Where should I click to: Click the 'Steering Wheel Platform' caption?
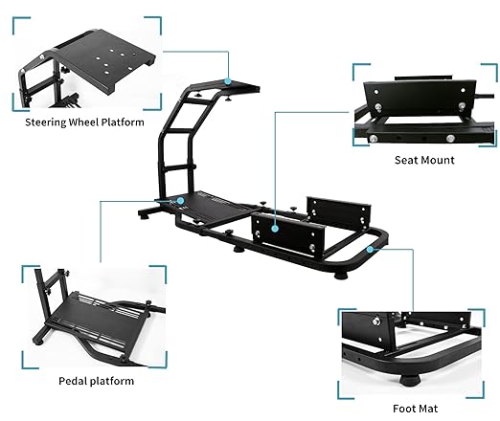(84, 122)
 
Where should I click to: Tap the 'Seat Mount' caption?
(424, 160)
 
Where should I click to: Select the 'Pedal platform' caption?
(96, 381)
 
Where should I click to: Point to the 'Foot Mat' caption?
(415, 409)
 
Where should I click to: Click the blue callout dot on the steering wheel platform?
(227, 81)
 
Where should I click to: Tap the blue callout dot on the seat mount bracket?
(275, 229)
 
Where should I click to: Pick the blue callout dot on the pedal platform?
(180, 201)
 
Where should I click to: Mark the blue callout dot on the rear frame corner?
(370, 249)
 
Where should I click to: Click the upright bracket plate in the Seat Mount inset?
(420, 98)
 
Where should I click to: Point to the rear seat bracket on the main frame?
(337, 212)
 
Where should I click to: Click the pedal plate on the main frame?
(208, 208)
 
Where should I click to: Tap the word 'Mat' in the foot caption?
(428, 409)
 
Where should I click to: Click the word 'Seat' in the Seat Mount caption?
(406, 160)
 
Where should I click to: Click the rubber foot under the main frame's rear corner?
(341, 275)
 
